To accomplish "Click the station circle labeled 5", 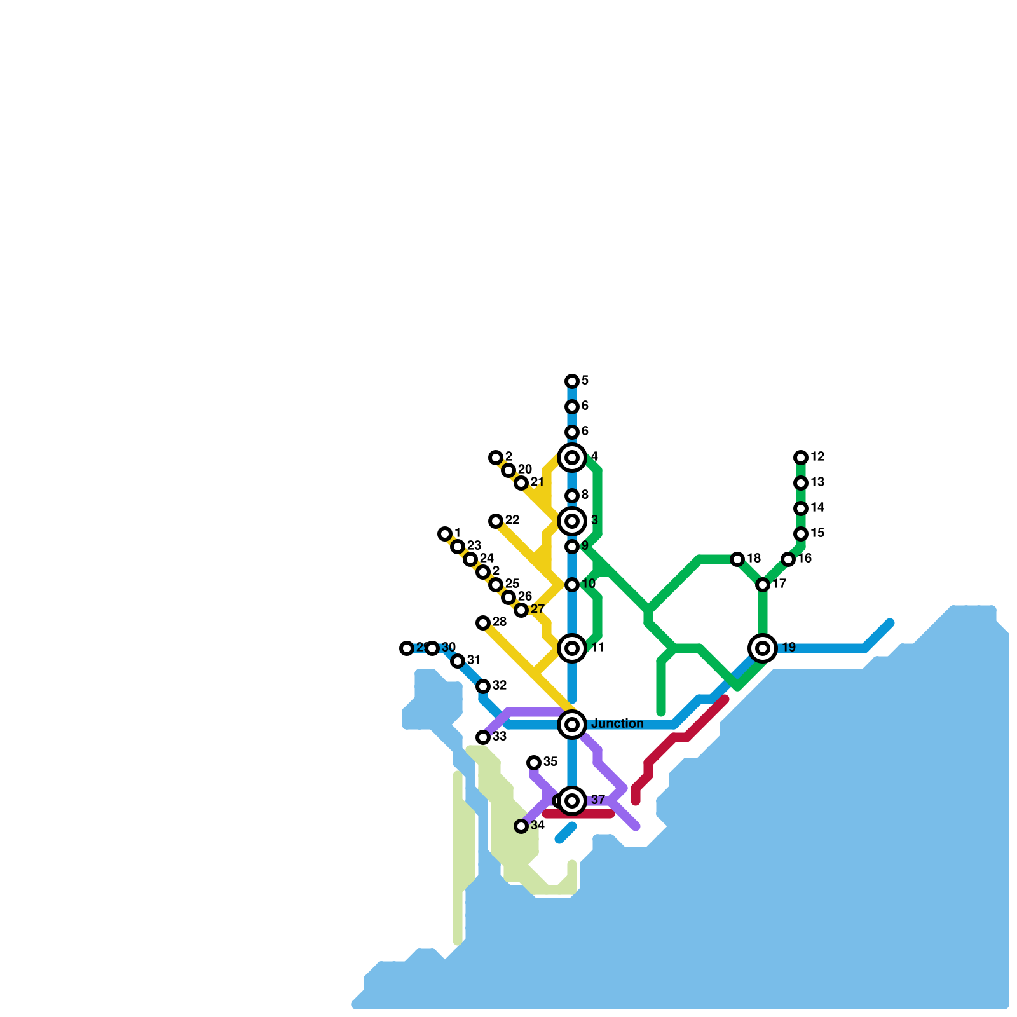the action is click(x=572, y=381).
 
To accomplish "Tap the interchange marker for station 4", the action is click(x=572, y=458).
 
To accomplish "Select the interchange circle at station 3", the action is click(x=572, y=521).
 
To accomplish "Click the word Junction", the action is click(x=617, y=724).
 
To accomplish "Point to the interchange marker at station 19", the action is click(x=763, y=648).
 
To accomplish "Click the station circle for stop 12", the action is click(x=801, y=458).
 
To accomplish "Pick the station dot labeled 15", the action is click(x=801, y=534).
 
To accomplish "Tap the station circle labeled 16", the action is click(x=788, y=559).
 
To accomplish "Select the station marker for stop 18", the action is click(x=737, y=559).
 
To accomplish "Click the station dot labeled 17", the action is click(x=763, y=585).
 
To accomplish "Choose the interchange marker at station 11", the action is click(x=572, y=648).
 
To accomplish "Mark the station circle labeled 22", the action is click(x=496, y=521).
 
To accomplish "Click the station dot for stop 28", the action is click(x=483, y=623).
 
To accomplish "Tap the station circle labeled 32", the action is click(x=483, y=686).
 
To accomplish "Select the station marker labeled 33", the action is click(x=483, y=737).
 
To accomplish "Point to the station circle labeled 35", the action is click(x=534, y=763).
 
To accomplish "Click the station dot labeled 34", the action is click(x=521, y=826).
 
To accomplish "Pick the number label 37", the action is click(x=598, y=800).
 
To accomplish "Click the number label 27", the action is click(x=537, y=610).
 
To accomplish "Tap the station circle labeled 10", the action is click(x=572, y=585).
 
